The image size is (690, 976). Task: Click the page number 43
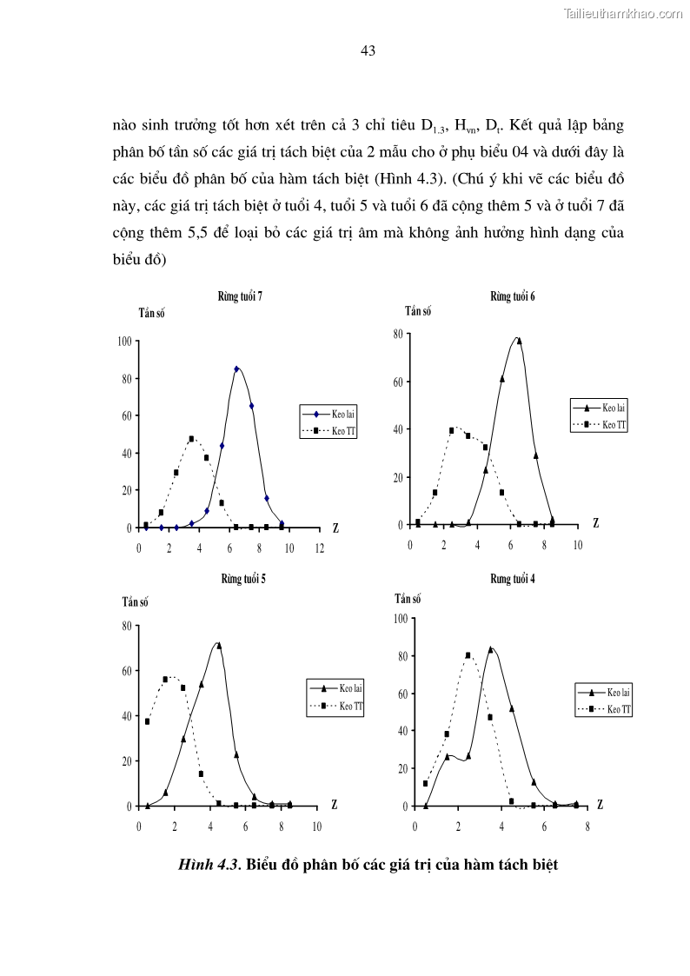[368, 51]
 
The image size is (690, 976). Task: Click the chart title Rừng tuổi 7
[241, 296]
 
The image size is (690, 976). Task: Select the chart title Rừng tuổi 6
[513, 296]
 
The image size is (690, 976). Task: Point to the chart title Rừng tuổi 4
[513, 579]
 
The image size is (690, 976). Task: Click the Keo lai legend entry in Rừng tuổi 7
[334, 414]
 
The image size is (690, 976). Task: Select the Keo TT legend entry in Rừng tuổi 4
[609, 709]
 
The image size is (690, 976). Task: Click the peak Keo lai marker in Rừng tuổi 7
[236, 368]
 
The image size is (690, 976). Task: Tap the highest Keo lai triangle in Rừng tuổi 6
[519, 341]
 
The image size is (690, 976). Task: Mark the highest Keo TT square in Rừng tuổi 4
[468, 655]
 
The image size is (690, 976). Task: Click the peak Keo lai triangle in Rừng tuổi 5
[218, 645]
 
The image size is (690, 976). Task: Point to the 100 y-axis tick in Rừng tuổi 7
[123, 342]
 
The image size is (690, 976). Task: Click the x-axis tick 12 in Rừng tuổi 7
[319, 548]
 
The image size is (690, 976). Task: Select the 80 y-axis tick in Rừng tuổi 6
[396, 333]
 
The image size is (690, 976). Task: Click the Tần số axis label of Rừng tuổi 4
[408, 598]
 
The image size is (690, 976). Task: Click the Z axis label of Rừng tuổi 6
[595, 523]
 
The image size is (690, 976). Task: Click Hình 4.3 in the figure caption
[209, 865]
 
